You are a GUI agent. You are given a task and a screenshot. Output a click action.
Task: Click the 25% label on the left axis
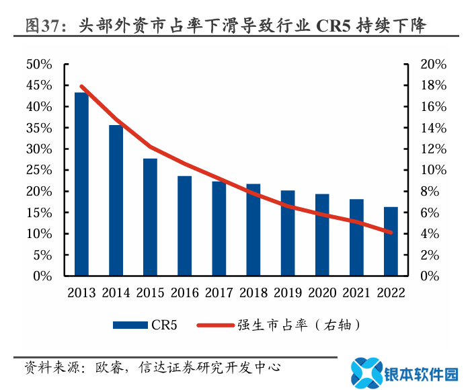click(39, 170)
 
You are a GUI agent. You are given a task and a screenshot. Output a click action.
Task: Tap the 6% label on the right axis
click(430, 212)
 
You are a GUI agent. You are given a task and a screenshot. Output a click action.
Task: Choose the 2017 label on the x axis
click(219, 293)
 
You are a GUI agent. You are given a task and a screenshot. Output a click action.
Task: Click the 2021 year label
click(356, 293)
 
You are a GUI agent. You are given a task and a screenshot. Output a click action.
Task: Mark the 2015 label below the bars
click(150, 293)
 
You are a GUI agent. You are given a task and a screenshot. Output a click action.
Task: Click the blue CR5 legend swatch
click(130, 325)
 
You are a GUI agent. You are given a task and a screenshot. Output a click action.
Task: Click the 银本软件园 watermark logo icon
click(366, 372)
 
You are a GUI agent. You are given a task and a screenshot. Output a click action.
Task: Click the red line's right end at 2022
click(391, 233)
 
